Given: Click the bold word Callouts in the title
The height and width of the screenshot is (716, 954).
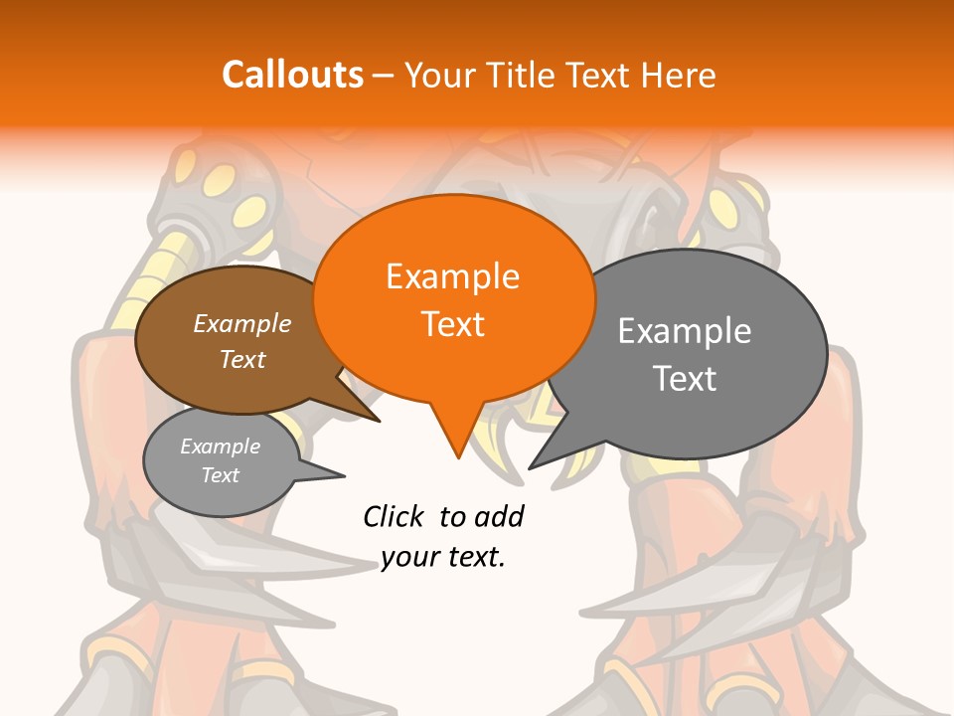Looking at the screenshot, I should [292, 75].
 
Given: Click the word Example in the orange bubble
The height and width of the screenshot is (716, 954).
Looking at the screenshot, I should [452, 276].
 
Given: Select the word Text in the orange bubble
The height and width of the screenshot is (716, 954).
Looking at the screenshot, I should [453, 324].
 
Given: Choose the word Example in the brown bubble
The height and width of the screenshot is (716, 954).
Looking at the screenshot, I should [242, 323].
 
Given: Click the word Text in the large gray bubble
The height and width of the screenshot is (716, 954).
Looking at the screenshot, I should [685, 378].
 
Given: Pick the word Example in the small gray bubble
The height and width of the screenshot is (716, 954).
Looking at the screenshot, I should [220, 447].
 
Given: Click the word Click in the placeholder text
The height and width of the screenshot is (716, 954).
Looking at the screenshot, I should [394, 516].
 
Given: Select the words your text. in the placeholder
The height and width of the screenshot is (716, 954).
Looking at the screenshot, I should [443, 557].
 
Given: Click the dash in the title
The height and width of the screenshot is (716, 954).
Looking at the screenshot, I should [385, 75].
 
